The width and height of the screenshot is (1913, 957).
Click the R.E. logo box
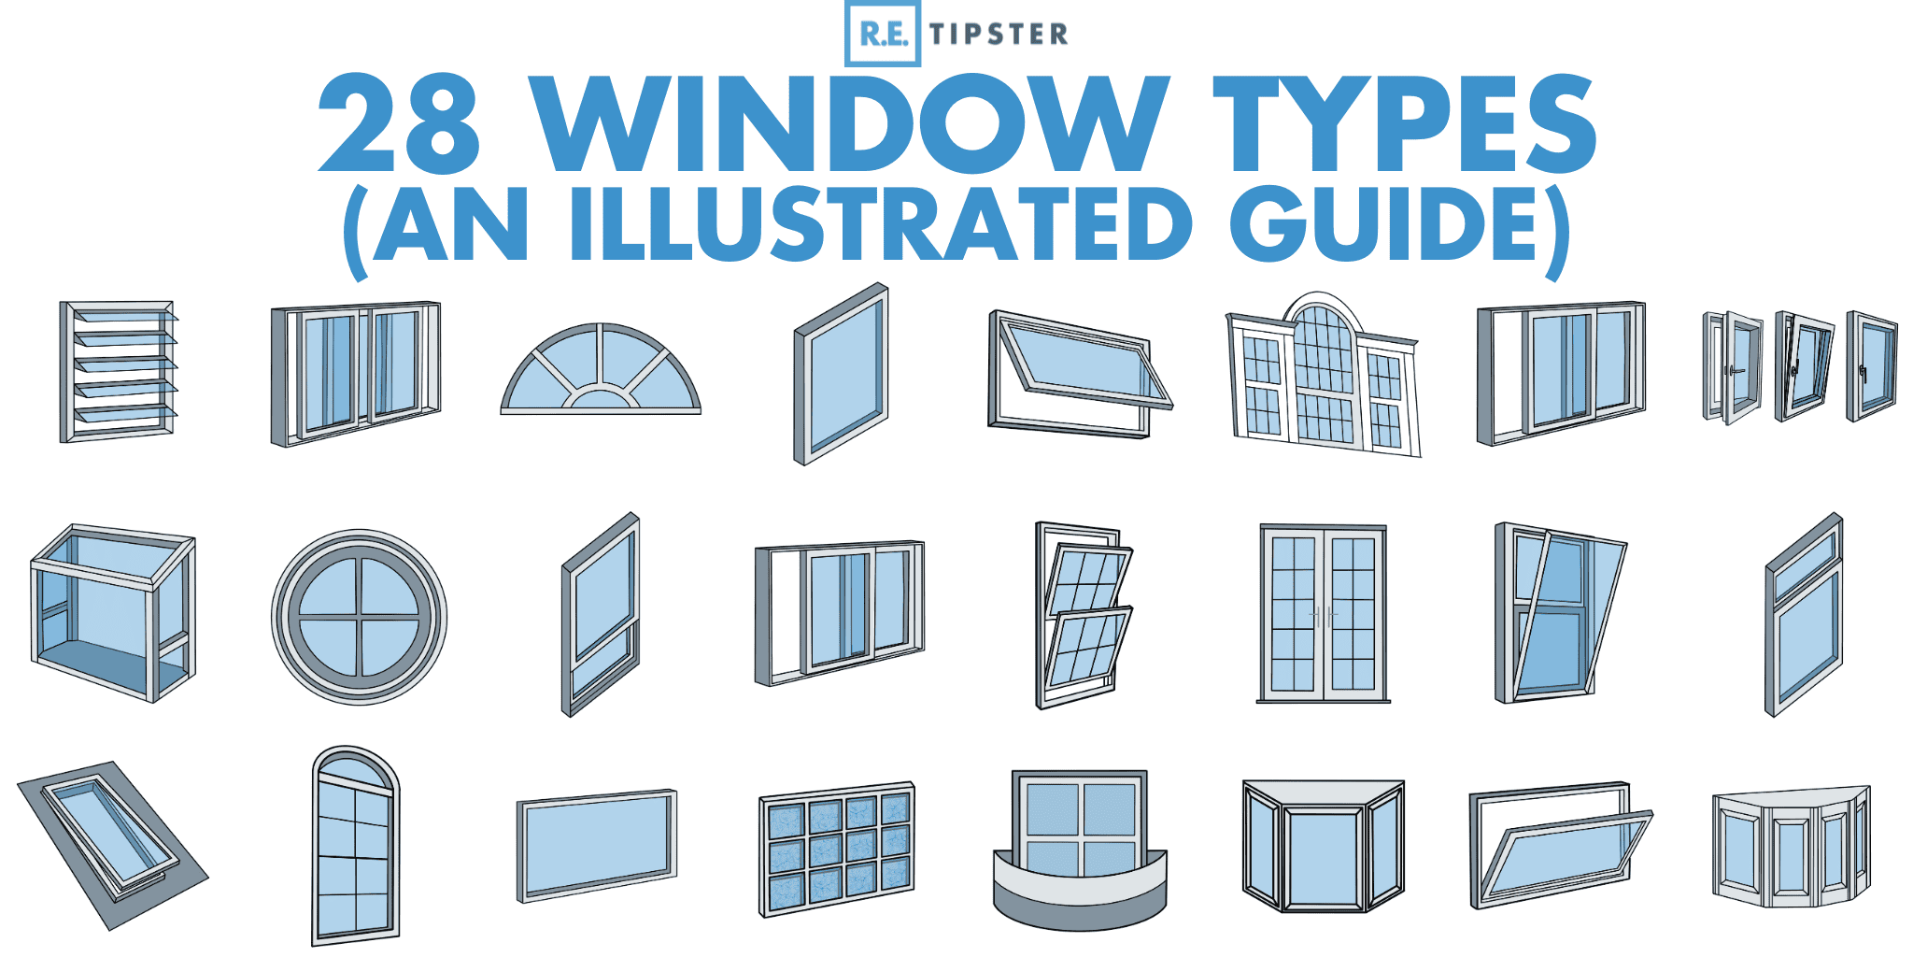(882, 34)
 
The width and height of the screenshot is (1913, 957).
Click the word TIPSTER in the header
(999, 35)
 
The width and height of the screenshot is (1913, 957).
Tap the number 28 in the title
(400, 123)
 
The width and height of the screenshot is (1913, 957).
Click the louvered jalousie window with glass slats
(119, 371)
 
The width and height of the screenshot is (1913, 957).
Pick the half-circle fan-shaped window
(601, 370)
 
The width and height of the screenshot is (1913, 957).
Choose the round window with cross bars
(360, 617)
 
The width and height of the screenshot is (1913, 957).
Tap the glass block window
(837, 850)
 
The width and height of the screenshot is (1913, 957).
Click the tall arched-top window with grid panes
(355, 846)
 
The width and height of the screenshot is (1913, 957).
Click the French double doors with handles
(1323, 614)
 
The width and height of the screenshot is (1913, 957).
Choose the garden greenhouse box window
(113, 612)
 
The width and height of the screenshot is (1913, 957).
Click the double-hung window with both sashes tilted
(1084, 614)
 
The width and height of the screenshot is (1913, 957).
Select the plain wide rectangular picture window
(597, 846)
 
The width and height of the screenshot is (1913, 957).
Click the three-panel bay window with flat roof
(1324, 847)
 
